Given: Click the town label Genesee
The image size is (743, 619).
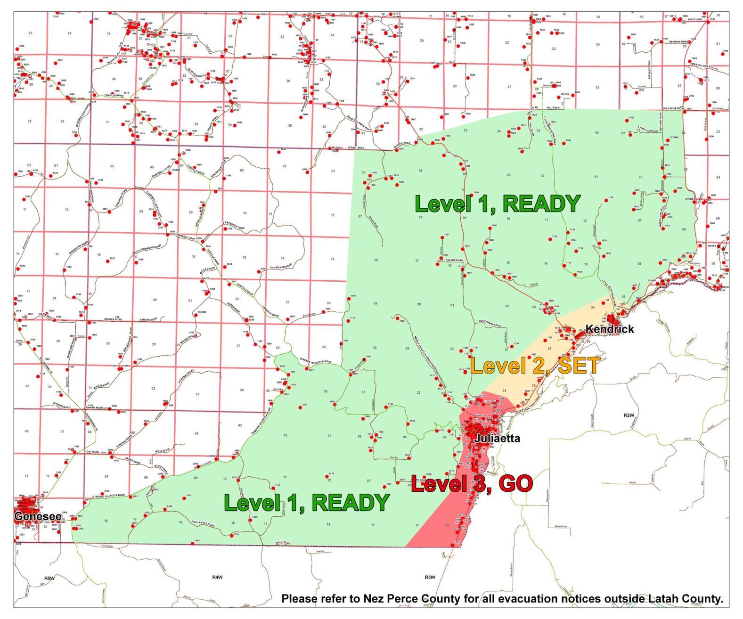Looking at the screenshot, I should (x=37, y=516).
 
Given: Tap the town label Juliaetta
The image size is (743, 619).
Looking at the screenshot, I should (x=497, y=439).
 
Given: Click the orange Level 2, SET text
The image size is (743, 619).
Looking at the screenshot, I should (x=535, y=366).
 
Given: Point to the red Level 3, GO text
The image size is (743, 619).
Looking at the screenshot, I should (x=472, y=484).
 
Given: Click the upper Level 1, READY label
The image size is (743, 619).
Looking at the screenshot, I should (x=497, y=204).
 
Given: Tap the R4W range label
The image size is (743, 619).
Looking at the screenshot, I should (x=217, y=577).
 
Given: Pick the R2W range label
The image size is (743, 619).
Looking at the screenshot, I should (x=629, y=415).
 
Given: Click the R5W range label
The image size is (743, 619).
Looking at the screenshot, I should (x=49, y=578).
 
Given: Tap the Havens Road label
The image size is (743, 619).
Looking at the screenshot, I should (x=454, y=260).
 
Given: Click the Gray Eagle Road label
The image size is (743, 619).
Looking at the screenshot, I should (x=203, y=524).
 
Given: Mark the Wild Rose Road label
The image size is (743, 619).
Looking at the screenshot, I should (x=673, y=108).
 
